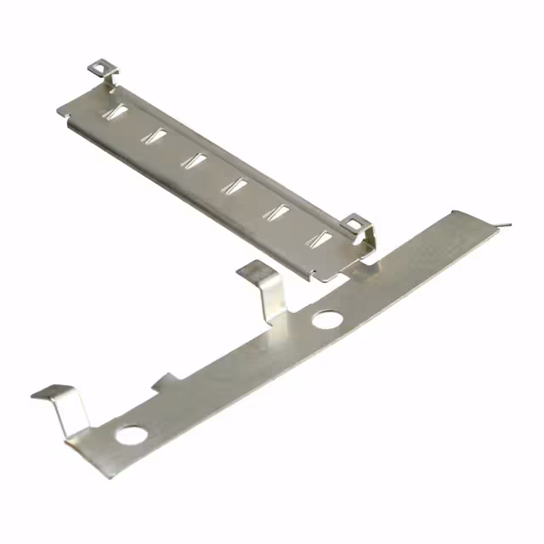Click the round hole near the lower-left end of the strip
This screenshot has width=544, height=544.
click(x=131, y=436)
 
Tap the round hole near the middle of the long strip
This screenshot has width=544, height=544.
click(x=327, y=320)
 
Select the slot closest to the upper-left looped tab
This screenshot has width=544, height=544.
click(x=115, y=111)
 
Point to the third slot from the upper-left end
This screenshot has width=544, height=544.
click(x=196, y=159)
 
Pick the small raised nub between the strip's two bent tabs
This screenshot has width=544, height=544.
click(x=166, y=381)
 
